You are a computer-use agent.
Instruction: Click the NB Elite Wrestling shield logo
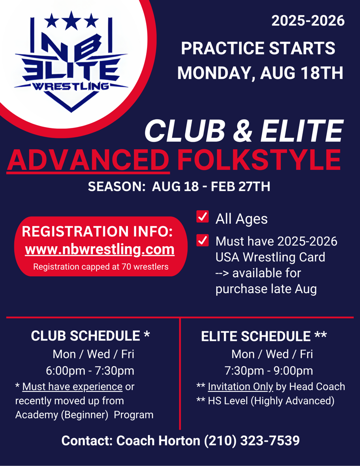click(71, 62)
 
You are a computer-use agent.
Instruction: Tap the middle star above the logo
click(71, 20)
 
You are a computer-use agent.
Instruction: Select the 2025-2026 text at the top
click(308, 21)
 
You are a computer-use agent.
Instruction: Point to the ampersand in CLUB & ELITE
click(243, 131)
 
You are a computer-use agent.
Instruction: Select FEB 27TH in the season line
click(240, 187)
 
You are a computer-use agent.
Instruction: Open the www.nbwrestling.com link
click(100, 249)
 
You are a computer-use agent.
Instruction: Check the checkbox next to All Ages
click(203, 217)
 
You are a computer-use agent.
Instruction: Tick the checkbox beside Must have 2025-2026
click(203, 240)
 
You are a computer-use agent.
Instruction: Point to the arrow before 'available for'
click(222, 274)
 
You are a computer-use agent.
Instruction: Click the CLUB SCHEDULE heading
click(91, 336)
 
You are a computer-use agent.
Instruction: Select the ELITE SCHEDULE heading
click(264, 336)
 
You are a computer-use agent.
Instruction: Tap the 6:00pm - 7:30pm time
click(90, 370)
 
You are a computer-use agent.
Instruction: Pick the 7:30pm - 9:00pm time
click(269, 370)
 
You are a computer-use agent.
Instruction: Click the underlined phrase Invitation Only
click(240, 387)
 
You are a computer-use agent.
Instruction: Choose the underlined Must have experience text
click(72, 387)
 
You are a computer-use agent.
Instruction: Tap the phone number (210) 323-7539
click(252, 441)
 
